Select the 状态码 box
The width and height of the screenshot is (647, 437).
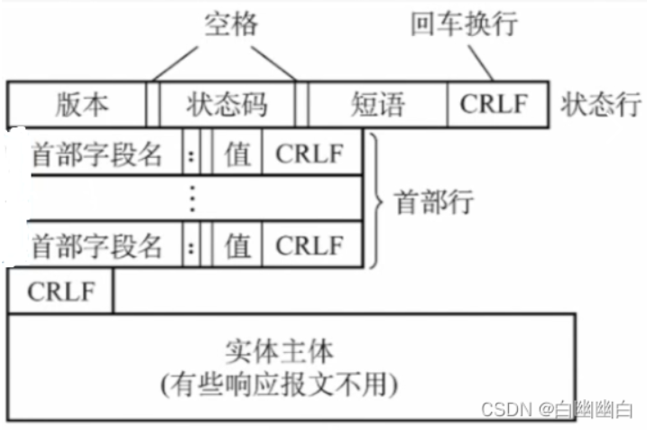[226, 104]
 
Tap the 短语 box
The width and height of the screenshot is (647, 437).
[377, 104]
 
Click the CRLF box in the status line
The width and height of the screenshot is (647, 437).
[497, 104]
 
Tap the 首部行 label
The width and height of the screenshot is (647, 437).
[434, 200]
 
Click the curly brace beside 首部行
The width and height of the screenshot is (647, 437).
[378, 199]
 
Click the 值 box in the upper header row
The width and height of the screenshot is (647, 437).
[238, 153]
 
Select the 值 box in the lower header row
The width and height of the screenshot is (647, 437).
[238, 245]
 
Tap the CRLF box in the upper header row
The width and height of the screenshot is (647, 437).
[310, 153]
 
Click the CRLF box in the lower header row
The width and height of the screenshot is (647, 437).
[310, 245]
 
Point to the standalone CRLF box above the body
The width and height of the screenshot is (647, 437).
[60, 292]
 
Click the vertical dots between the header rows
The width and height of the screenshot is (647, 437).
[192, 199]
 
